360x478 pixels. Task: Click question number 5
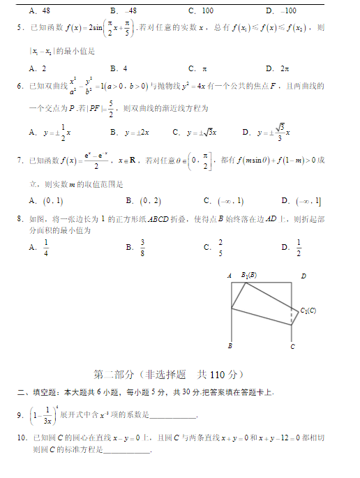pyautogui.click(x=20, y=27)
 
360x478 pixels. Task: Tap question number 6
pyautogui.click(x=20, y=86)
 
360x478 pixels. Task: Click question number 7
pyautogui.click(x=20, y=161)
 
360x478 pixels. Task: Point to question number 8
pyautogui.click(x=20, y=219)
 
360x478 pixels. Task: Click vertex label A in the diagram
pyautogui.click(x=230, y=276)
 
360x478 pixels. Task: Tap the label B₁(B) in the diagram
pyautogui.click(x=249, y=275)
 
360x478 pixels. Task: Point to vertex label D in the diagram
pyautogui.click(x=303, y=276)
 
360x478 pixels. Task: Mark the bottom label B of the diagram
pyautogui.click(x=230, y=345)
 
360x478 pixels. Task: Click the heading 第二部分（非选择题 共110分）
pyautogui.click(x=168, y=374)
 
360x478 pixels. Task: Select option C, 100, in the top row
pyautogui.click(x=202, y=10)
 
